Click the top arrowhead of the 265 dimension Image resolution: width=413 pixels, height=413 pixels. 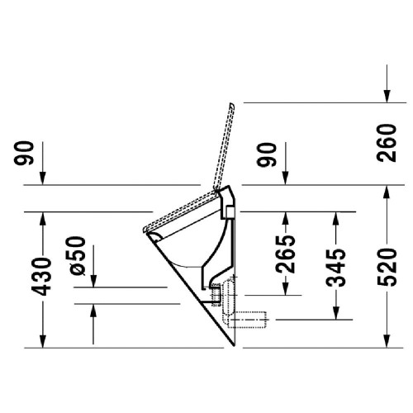click(284, 218)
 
